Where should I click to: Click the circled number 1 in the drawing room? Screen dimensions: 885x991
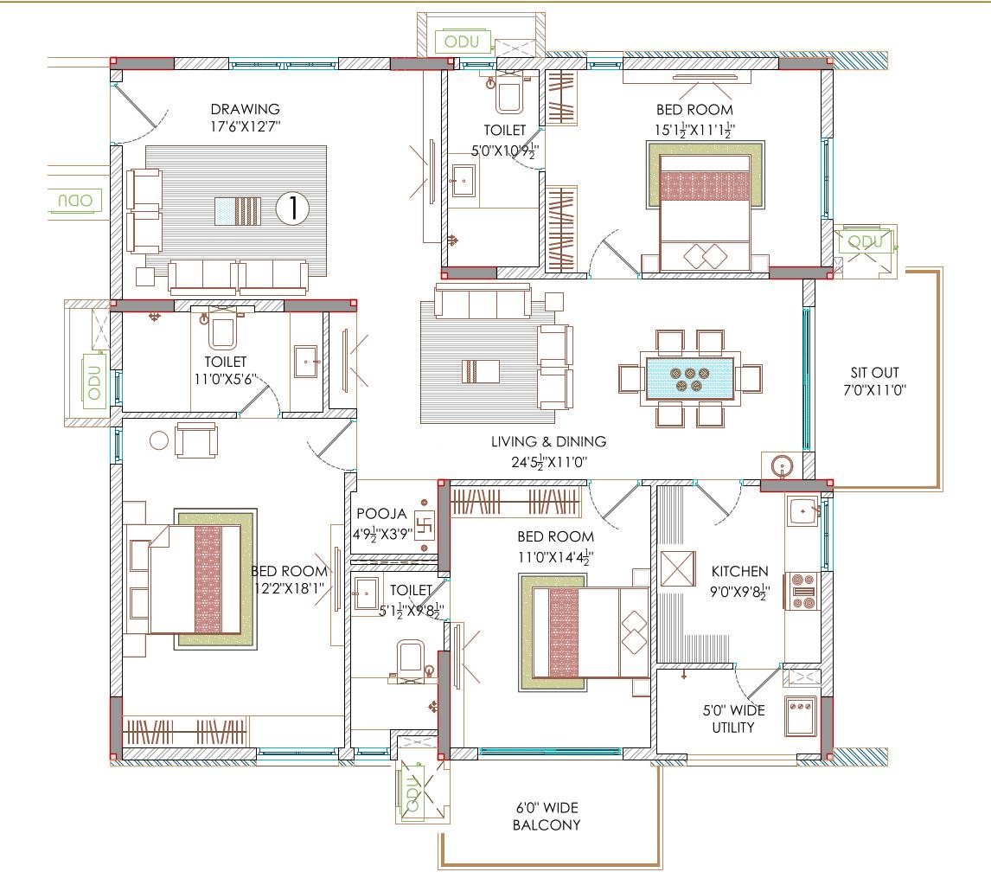(x=292, y=208)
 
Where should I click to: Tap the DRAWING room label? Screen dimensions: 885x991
(x=246, y=109)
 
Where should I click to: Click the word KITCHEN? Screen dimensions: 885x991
(x=739, y=572)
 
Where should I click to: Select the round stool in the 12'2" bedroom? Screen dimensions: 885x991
(x=159, y=439)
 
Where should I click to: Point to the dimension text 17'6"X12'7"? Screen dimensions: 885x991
(x=246, y=126)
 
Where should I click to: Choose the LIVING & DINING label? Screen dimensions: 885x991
(x=548, y=441)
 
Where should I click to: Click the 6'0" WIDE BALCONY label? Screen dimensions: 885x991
(x=546, y=816)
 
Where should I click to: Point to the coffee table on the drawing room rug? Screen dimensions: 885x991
(x=236, y=210)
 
